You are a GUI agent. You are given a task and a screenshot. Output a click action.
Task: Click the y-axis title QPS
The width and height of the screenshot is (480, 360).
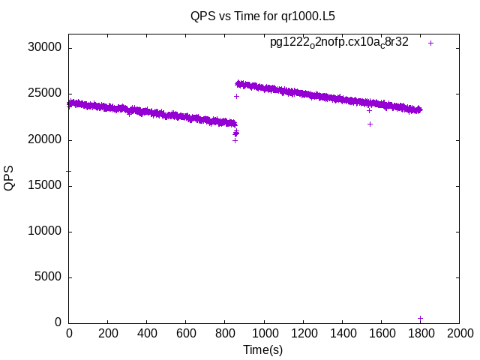(9, 178)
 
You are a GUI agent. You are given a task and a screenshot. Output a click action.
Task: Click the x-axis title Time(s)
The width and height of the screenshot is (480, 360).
(262, 349)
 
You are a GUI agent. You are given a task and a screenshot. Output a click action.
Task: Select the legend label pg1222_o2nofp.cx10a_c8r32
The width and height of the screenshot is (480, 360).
(339, 43)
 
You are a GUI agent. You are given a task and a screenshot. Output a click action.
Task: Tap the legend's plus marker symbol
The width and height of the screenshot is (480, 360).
(430, 43)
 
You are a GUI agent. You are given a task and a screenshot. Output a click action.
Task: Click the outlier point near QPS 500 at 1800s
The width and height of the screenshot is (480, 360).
(420, 318)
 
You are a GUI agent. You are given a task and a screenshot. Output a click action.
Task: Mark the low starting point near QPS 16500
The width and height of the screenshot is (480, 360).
(69, 171)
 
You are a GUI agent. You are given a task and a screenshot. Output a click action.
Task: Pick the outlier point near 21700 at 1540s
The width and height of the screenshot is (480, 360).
(370, 124)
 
